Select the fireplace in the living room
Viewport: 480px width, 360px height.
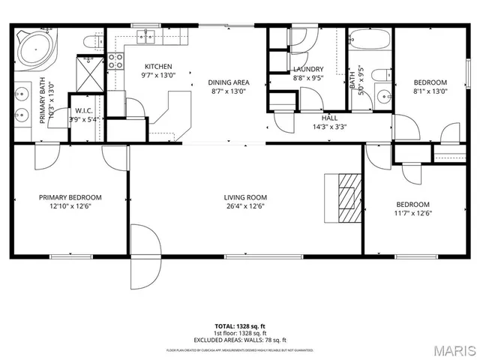pos(346,197)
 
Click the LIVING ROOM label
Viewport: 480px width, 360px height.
pos(245,198)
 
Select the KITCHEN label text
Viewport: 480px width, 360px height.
pos(158,66)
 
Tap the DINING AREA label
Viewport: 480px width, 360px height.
pos(229,82)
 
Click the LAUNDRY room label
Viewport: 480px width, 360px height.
pos(307,70)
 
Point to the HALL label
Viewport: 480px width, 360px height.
pos(329,118)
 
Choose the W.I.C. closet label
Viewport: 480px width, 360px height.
pos(83,111)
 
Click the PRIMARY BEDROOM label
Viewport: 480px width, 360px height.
pos(70,198)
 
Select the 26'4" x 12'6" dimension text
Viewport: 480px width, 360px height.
pos(245,206)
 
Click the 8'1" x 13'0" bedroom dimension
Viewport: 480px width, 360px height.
pos(430,91)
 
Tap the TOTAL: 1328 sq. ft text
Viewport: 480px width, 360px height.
pos(239,325)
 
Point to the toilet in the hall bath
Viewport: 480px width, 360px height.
pos(381,74)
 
